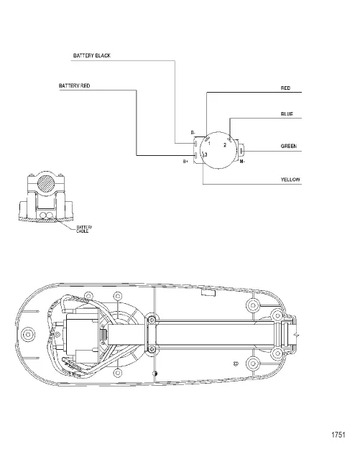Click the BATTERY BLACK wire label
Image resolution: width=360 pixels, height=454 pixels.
tap(92, 55)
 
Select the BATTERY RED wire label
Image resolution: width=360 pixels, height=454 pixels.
tap(75, 85)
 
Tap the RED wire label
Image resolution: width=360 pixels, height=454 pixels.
tap(285, 88)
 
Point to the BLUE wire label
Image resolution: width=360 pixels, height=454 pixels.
tap(287, 114)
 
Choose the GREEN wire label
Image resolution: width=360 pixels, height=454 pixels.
tap(289, 147)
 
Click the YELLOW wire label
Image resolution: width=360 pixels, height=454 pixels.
tap(290, 180)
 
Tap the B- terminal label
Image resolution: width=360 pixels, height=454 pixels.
tap(193, 133)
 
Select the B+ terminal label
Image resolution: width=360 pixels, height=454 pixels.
tap(185, 162)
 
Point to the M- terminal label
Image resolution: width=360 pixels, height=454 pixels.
tap(242, 162)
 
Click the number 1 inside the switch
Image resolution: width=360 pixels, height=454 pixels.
tap(209, 144)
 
